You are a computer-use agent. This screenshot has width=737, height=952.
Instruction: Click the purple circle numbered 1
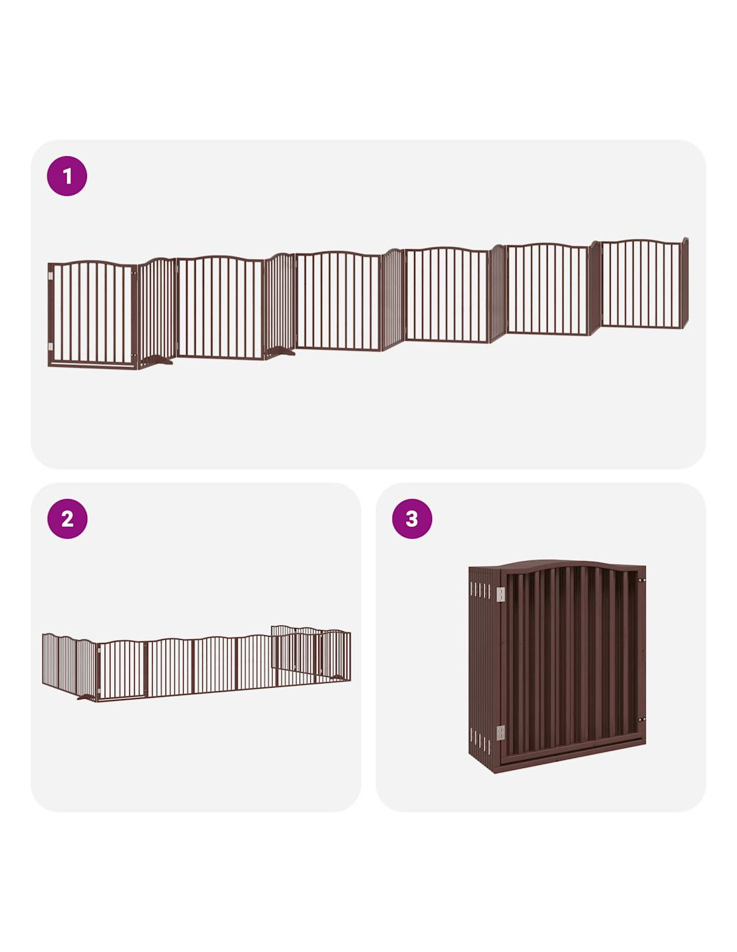pyautogui.click(x=67, y=175)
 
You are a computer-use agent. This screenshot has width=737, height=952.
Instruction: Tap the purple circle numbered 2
pyautogui.click(x=67, y=519)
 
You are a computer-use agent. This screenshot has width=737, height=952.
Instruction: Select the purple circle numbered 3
pyautogui.click(x=412, y=519)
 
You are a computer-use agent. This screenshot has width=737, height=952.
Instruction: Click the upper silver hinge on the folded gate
pyautogui.click(x=500, y=594)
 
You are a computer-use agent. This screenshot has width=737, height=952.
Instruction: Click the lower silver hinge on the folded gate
pyautogui.click(x=500, y=732)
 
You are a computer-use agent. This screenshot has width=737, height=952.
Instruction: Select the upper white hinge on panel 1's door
pyautogui.click(x=50, y=276)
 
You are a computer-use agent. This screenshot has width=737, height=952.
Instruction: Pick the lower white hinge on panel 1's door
pyautogui.click(x=50, y=347)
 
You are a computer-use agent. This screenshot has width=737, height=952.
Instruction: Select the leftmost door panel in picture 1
pyautogui.click(x=92, y=315)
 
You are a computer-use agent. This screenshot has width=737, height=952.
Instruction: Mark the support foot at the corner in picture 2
pyautogui.click(x=87, y=696)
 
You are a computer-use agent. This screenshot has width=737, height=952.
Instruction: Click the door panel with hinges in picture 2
pyautogui.click(x=121, y=669)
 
